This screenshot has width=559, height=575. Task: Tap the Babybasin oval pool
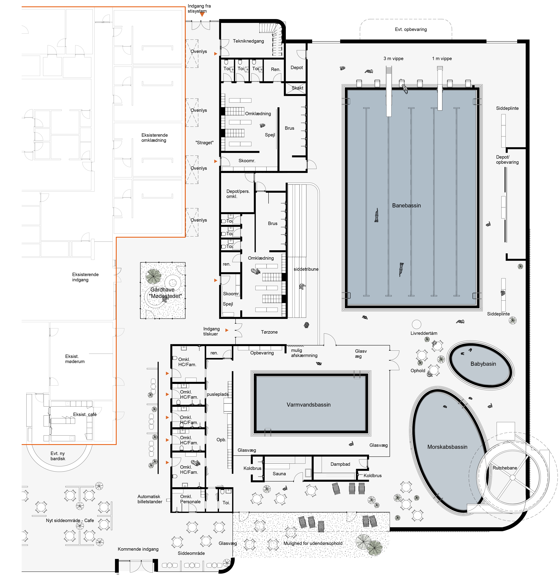pyautogui.click(x=481, y=364)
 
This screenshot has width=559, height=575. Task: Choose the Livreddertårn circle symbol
pyautogui.click(x=416, y=324)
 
